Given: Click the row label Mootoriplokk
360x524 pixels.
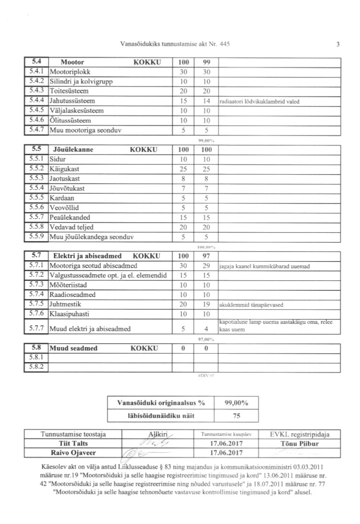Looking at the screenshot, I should click(69, 71).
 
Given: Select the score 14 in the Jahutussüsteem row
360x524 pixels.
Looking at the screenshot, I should click(206, 101).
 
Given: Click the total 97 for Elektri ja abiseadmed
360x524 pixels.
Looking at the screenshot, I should click(206, 256).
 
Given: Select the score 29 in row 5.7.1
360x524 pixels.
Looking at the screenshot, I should click(206, 266).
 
